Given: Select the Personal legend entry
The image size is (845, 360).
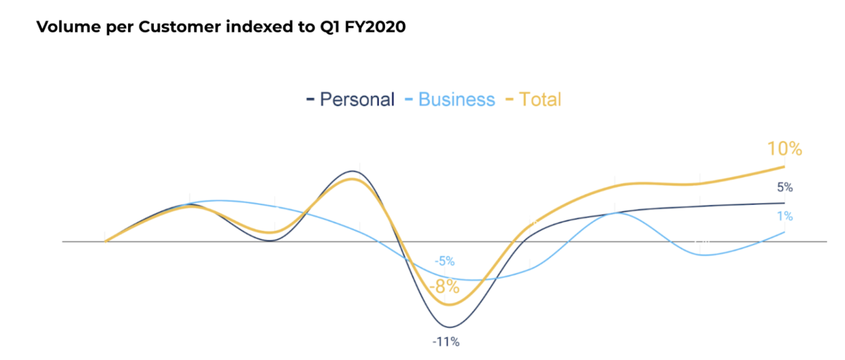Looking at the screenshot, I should pos(357,99).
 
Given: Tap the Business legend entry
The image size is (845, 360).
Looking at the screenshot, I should pos(457,99).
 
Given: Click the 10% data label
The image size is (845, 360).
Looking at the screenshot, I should pos(784,149).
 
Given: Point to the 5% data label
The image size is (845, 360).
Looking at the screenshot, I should pos(784,188).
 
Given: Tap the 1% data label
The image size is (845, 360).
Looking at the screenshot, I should pos(784,217).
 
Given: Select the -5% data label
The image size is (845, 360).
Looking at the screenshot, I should pos(444,261).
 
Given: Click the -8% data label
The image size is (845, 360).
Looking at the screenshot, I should pos(444,286).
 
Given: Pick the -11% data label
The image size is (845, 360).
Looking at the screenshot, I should pos(446,343).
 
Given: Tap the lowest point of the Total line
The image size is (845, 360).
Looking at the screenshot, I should pos(449,304).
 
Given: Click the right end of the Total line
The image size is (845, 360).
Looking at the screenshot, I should pos(784,166).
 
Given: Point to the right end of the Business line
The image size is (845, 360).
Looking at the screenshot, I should pos(784,232).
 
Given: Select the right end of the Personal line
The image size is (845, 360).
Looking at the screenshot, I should pos(784,203).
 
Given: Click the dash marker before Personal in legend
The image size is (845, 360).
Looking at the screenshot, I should pos(310,100).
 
